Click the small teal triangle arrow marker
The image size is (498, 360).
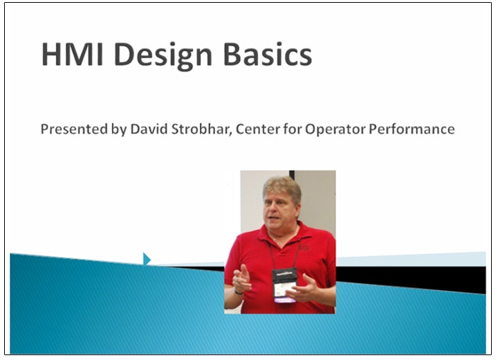point(146,259)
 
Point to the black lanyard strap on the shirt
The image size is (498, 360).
point(274,253)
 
